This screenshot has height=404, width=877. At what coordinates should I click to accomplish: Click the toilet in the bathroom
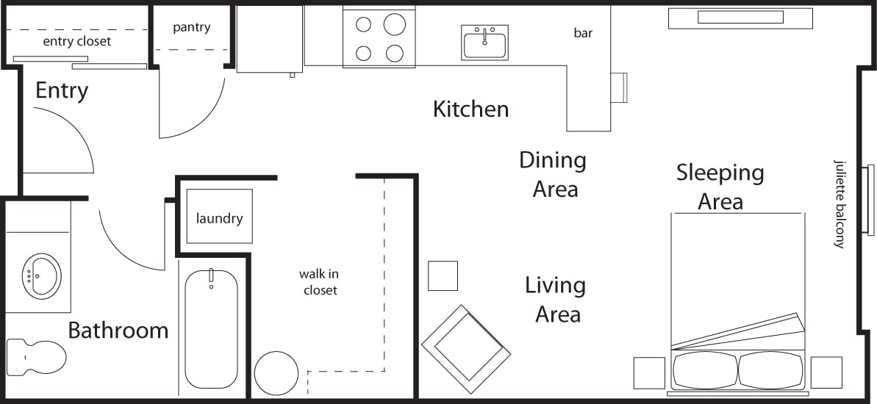pyautogui.click(x=37, y=356)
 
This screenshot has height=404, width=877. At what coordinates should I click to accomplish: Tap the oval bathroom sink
pyautogui.click(x=40, y=275)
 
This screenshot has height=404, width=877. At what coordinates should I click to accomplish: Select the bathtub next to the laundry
pyautogui.click(x=211, y=328)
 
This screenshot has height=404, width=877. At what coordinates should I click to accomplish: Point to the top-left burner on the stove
pyautogui.click(x=363, y=24)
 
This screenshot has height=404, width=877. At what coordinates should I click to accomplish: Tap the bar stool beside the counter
pyautogui.click(x=619, y=87)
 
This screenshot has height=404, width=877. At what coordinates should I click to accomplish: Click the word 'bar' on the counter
pyautogui.click(x=583, y=33)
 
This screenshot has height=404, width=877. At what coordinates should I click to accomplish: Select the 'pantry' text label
pyautogui.click(x=191, y=28)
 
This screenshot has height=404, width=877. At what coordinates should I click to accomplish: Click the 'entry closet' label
pyautogui.click(x=76, y=41)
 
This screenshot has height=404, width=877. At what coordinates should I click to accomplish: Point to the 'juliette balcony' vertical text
pyautogui.click(x=839, y=203)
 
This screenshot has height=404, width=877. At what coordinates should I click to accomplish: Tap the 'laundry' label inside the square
pyautogui.click(x=219, y=218)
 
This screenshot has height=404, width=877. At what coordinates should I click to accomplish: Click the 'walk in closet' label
pyautogui.click(x=320, y=282)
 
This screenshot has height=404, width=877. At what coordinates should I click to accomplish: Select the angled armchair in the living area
pyautogui.click(x=466, y=348)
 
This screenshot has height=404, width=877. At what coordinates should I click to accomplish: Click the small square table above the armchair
pyautogui.click(x=443, y=275)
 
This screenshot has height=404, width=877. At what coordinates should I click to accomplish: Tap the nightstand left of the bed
pyautogui.click(x=649, y=372)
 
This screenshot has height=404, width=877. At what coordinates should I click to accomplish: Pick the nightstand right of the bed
pyautogui.click(x=826, y=372)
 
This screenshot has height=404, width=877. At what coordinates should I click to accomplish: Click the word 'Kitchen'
pyautogui.click(x=470, y=109)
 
